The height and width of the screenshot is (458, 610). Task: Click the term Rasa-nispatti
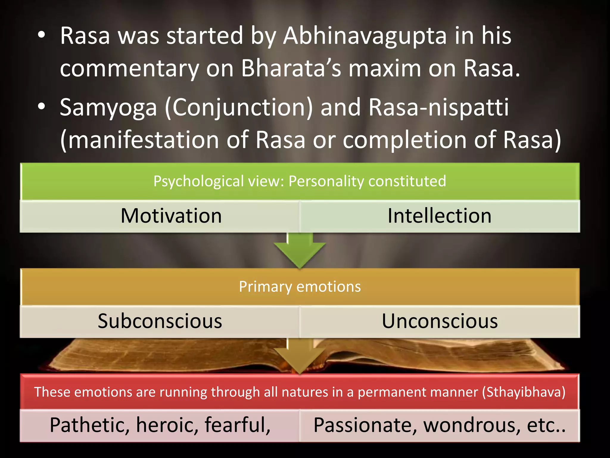click(438, 107)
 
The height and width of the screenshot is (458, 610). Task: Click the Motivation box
click(171, 216)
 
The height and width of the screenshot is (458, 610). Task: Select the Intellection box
click(439, 216)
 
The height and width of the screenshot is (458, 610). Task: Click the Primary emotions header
click(300, 287)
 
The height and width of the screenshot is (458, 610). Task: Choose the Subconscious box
click(160, 321)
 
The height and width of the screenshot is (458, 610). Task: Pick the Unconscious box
click(440, 321)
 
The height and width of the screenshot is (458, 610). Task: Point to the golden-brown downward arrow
click(300, 356)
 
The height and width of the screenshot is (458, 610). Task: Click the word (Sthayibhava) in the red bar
click(524, 392)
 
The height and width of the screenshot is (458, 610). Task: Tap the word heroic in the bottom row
click(167, 425)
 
